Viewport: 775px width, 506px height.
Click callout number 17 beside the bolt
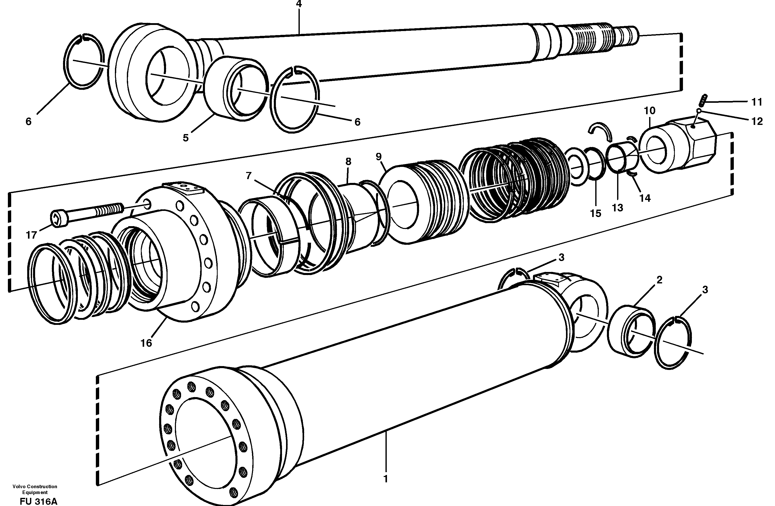[x=31, y=235]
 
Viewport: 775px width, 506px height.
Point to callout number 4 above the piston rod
[x=299, y=4]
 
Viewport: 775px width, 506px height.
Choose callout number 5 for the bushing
[x=186, y=138]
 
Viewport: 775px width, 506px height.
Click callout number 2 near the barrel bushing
[x=659, y=280]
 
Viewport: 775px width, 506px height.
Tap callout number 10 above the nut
[x=650, y=111]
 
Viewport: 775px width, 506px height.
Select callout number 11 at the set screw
[x=757, y=102]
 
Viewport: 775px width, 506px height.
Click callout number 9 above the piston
[x=378, y=157]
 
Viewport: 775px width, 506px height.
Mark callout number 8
[x=348, y=161]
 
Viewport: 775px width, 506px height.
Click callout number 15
[x=595, y=213]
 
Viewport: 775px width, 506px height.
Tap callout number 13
[x=617, y=208]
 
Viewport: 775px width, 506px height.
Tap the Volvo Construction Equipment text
[x=35, y=489]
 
